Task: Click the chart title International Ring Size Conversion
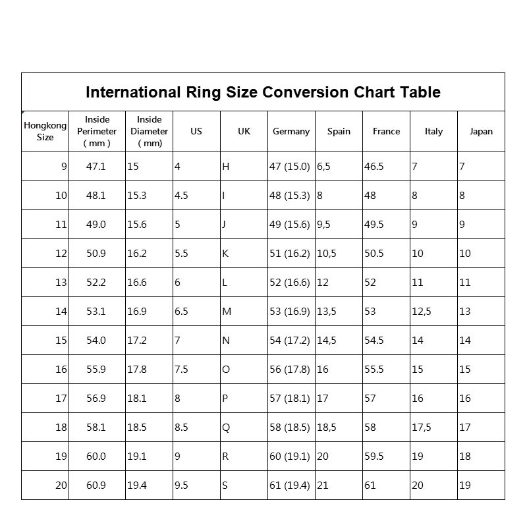coord(263,92)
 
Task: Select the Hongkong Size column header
coord(45,131)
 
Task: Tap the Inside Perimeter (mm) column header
coord(97,131)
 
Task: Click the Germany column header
coord(291,131)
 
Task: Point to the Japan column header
coord(481,131)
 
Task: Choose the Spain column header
coord(339,131)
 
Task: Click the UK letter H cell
coord(226,167)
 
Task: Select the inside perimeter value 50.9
coord(96,254)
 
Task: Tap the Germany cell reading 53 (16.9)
coord(289,312)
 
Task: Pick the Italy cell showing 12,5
coord(422,312)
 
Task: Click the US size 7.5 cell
coord(181,370)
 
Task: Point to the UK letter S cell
coord(225,485)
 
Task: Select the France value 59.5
coord(374,457)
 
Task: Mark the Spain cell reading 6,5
coord(324,167)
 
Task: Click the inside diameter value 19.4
coord(137,485)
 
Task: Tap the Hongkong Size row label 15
coord(61,341)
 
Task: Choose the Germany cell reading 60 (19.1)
coord(289,457)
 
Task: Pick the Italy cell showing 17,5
coord(422,428)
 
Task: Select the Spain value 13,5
coord(327,312)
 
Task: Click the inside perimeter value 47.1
coord(96,167)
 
